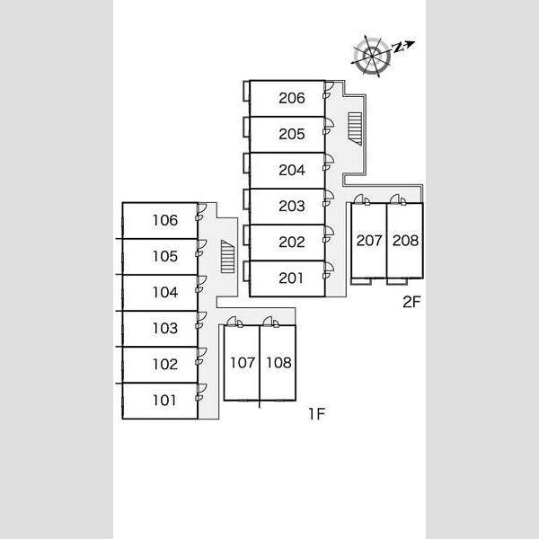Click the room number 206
[291, 98]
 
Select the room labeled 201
[291, 278]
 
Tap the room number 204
[291, 170]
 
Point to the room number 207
[369, 241]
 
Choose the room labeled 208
[405, 241]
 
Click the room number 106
[165, 220]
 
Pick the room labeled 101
[164, 400]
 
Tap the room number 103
[165, 328]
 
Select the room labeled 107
[243, 363]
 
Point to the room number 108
[278, 363]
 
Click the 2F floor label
[411, 302]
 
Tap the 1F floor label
[316, 414]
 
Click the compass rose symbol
[372, 56]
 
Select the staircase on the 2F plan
[355, 128]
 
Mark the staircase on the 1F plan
[227, 256]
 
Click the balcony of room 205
[246, 128]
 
